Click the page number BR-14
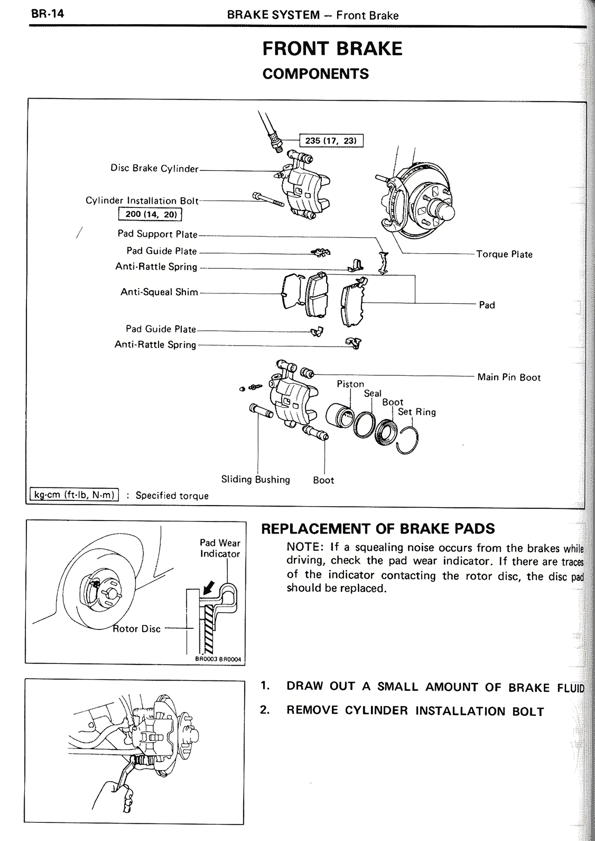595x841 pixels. pos(47,13)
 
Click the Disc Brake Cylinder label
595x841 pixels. pos(154,168)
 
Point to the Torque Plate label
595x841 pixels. pos(504,254)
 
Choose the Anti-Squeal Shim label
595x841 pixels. pos(159,293)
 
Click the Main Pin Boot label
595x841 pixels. pos(509,377)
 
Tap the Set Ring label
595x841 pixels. pos(417,412)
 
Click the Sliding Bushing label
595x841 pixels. pos(255,480)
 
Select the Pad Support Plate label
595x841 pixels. pos(157,234)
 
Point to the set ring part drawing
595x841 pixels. pos(408,440)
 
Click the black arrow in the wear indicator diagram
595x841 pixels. pos(209,586)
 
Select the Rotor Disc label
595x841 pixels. pos(137,629)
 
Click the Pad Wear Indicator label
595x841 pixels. pos(220,548)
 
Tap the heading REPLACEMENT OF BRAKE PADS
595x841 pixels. pos(378,528)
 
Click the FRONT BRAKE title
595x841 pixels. pos(332,49)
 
